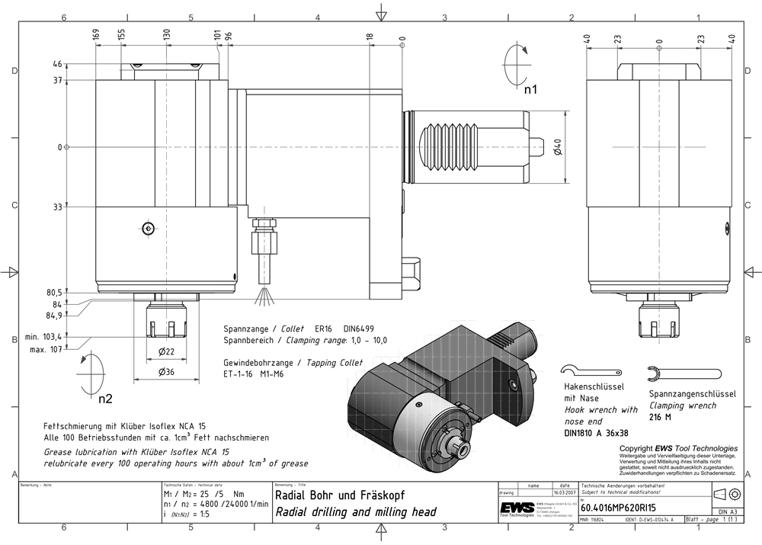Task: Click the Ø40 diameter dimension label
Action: coord(558,146)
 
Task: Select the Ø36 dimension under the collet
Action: coord(166,372)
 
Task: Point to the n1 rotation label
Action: coord(530,89)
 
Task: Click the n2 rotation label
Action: coord(105,399)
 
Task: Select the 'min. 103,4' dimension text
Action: coord(42,336)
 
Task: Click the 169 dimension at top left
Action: coord(96,35)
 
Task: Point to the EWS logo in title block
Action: coord(517,509)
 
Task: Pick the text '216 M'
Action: coord(661,417)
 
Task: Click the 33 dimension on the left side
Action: coord(58,207)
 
